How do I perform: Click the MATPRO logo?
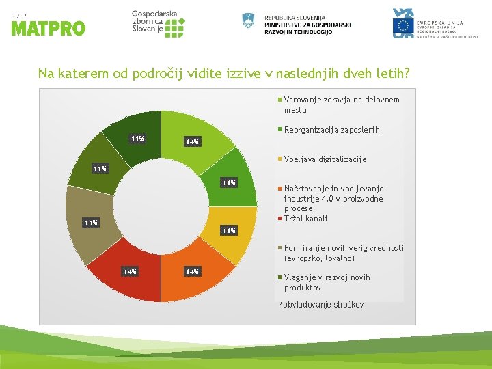pos(48,24)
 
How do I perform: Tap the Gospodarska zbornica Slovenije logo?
pos(158,24)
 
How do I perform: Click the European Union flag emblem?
pos(403,26)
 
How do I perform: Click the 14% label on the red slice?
pos(129,272)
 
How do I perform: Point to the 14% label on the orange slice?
pos(192,272)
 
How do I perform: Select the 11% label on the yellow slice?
pos(228,230)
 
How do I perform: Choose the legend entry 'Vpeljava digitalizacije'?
pos(325,159)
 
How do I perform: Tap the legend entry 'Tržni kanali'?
pos(305,219)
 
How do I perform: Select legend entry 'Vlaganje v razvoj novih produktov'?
pos(327,282)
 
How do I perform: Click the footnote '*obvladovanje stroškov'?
pos(321,305)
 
